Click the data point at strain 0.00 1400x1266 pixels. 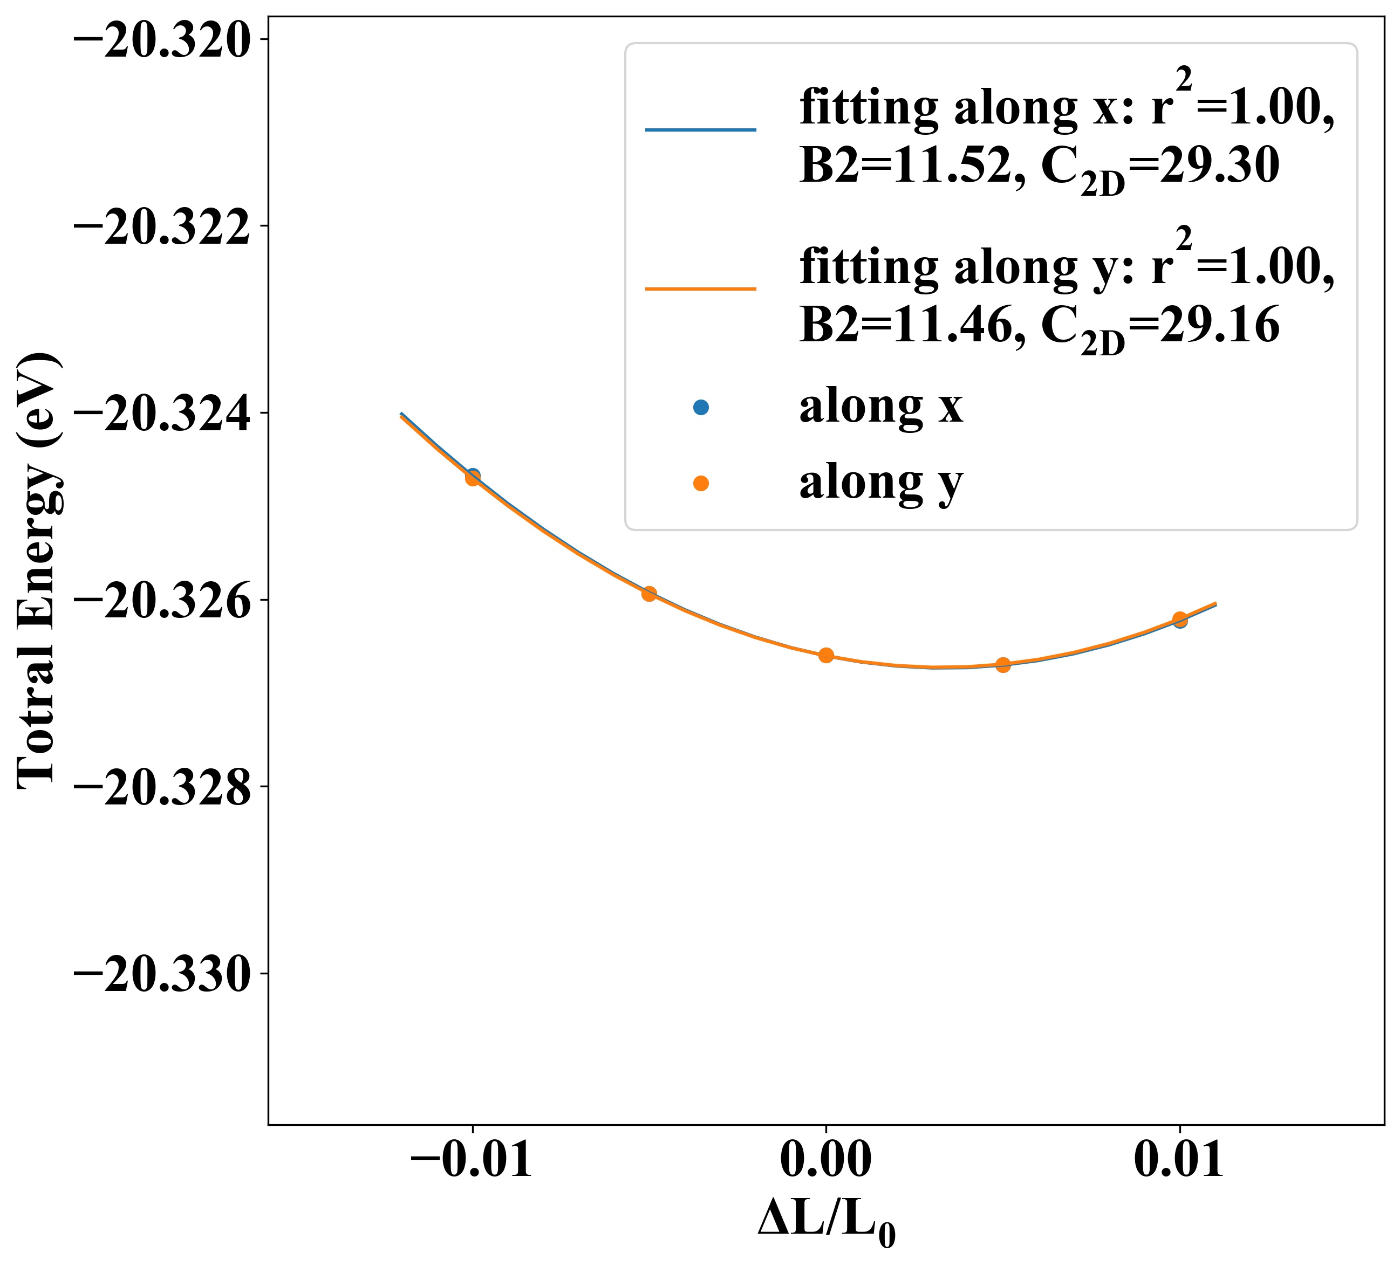pos(825,655)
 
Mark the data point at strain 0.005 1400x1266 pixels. pos(1003,665)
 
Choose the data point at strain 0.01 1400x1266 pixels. pos(1180,619)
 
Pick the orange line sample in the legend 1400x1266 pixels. pos(700,288)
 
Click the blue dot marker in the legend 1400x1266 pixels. pos(701,408)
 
